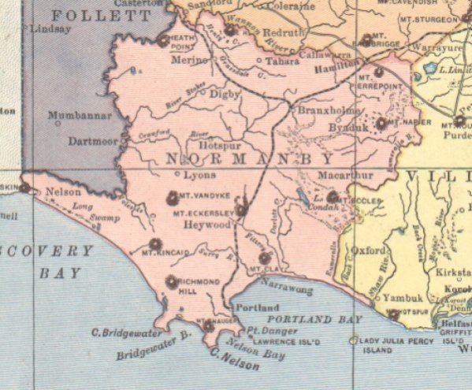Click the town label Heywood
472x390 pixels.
click(207, 225)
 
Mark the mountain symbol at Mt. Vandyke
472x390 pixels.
click(173, 198)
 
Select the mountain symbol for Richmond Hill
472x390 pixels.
click(172, 281)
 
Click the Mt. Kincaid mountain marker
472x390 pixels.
click(155, 243)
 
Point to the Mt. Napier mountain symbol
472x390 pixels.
click(381, 123)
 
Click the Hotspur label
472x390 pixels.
click(217, 145)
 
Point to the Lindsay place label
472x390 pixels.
click(51, 29)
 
